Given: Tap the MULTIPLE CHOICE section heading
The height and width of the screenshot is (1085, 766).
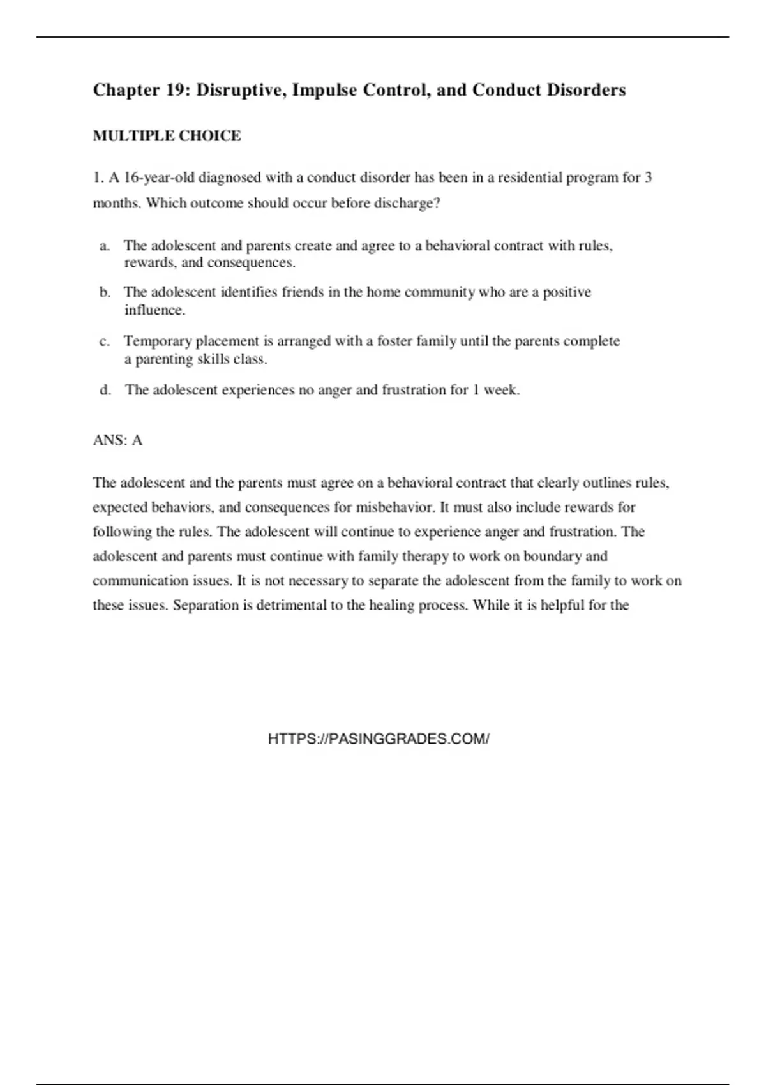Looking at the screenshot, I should (167, 136).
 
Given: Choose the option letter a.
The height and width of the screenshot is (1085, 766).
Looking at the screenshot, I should (104, 246).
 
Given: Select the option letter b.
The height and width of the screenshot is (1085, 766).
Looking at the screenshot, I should (105, 292).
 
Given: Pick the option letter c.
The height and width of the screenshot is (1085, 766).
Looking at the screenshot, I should (104, 341).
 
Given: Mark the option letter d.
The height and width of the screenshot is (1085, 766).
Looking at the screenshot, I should (105, 390).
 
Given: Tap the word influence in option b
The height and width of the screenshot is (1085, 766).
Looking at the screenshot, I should (154, 310).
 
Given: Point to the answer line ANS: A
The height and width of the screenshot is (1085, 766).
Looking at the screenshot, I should (117, 440).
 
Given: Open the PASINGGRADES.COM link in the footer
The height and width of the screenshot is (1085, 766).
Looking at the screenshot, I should (379, 739).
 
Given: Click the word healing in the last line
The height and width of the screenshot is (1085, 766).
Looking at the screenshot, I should (392, 605).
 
